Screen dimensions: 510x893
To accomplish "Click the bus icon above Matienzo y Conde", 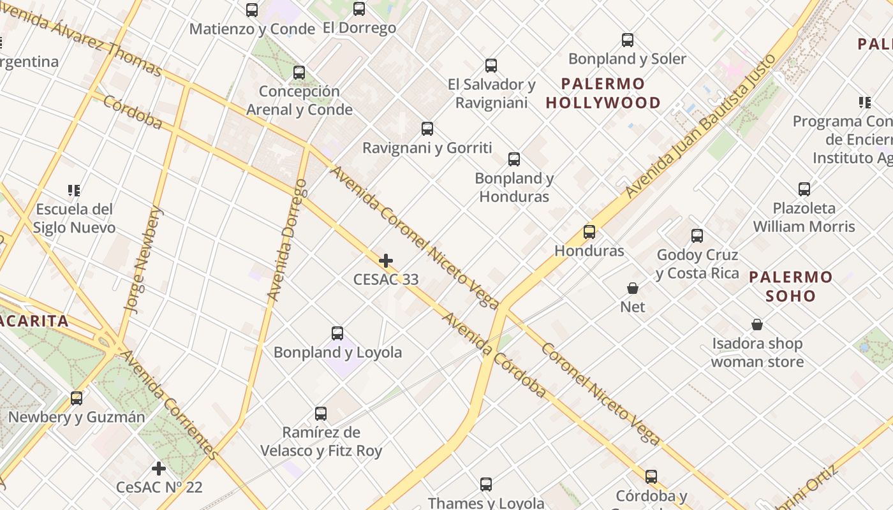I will pyautogui.click(x=252, y=10).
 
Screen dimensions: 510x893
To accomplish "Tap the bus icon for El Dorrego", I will pyautogui.click(x=359, y=9).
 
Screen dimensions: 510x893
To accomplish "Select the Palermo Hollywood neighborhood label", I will pyautogui.click(x=603, y=93).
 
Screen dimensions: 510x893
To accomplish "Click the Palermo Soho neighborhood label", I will pyautogui.click(x=790, y=286).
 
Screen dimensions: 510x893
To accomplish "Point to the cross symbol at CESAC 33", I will pyautogui.click(x=386, y=261).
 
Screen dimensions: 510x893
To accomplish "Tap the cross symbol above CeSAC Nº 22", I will pyautogui.click(x=159, y=469).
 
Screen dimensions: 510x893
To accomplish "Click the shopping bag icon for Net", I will pyautogui.click(x=633, y=288).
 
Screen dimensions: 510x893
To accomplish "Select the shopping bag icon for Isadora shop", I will pyautogui.click(x=757, y=325).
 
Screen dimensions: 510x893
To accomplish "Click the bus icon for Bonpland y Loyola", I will pyautogui.click(x=337, y=333).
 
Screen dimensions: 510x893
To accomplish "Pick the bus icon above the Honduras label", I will pyautogui.click(x=589, y=232).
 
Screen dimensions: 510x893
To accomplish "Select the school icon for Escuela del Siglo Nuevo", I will pyautogui.click(x=74, y=191).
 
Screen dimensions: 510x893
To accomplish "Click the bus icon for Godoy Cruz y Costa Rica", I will pyautogui.click(x=697, y=236).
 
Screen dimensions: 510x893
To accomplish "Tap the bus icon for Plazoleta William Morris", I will pyautogui.click(x=804, y=189).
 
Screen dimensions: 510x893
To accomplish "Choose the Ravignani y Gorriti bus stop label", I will pyautogui.click(x=427, y=148).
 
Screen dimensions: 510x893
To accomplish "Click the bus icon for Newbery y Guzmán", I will pyautogui.click(x=77, y=398).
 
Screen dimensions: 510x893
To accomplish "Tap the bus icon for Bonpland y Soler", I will pyautogui.click(x=628, y=40).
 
